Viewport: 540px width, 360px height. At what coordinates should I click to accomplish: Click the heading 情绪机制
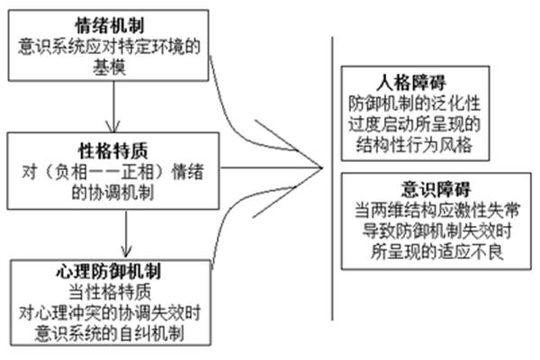(x=110, y=25)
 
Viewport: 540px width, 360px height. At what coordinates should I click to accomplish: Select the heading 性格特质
(x=113, y=150)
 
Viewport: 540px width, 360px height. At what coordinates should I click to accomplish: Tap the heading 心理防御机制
(x=108, y=271)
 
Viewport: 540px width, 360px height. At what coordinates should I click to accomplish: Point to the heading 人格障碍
(x=411, y=82)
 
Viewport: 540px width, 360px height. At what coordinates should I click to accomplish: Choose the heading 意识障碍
(x=436, y=189)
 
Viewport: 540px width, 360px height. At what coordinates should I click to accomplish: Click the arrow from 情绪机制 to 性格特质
(x=113, y=107)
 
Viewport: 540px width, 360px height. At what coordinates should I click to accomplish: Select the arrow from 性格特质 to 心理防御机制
(x=126, y=234)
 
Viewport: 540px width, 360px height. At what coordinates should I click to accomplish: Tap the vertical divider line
(x=332, y=178)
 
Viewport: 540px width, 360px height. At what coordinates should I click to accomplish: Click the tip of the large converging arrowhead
(x=322, y=168)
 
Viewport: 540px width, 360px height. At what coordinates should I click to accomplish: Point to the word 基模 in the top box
(x=109, y=67)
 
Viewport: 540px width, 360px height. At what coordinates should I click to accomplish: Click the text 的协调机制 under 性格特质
(x=112, y=193)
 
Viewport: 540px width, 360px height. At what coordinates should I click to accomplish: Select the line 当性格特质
(x=110, y=292)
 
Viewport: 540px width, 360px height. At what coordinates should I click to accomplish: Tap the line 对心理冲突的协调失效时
(x=110, y=313)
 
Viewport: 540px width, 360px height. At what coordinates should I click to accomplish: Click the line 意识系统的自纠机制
(x=110, y=333)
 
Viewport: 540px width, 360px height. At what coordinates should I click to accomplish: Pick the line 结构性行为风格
(x=414, y=145)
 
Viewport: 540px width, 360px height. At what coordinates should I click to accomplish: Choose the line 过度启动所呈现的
(x=414, y=124)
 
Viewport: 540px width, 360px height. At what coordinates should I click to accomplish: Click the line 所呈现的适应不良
(x=436, y=252)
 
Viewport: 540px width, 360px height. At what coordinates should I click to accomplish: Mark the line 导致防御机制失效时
(x=436, y=230)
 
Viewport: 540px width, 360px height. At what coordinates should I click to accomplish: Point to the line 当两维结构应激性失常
(x=436, y=210)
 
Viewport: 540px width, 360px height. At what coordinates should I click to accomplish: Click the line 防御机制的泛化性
(x=414, y=103)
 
